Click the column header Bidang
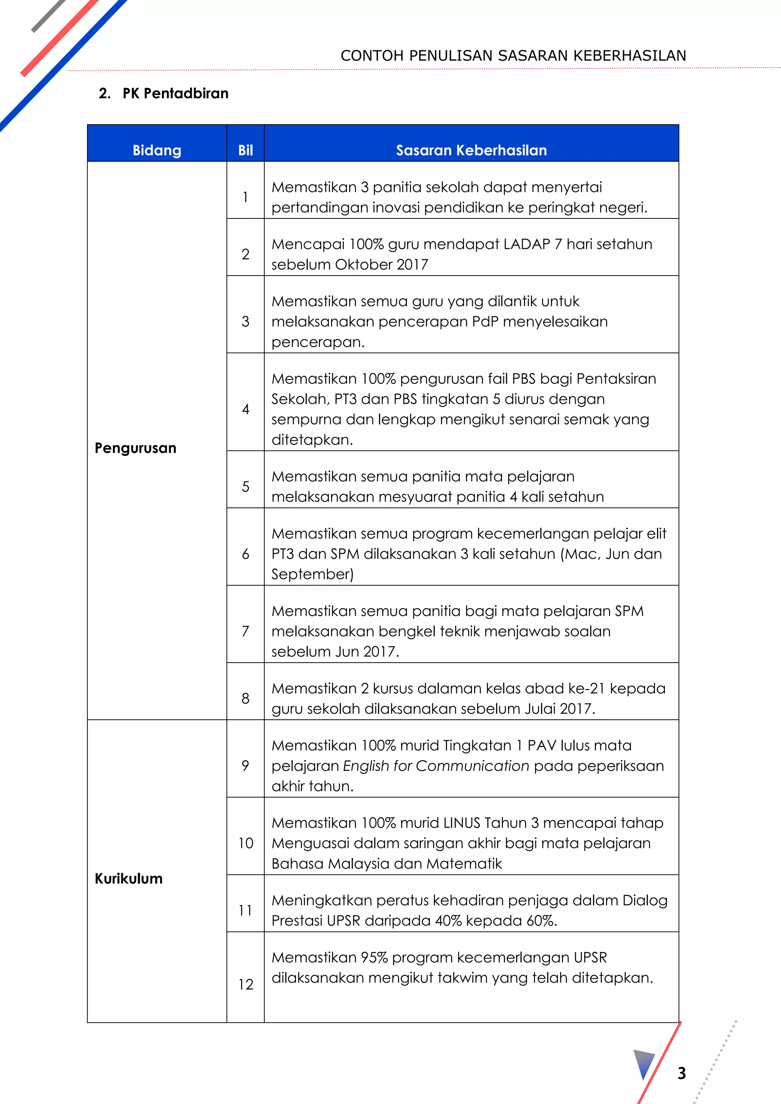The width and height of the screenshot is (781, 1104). coord(157,151)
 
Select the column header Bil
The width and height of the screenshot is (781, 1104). coord(245,151)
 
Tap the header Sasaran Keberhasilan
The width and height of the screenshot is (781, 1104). coord(471,151)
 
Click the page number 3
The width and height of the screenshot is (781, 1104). coord(681,1073)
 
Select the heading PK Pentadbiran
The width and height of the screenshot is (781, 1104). coord(175,93)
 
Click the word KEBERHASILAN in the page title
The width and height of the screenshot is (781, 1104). coord(630,56)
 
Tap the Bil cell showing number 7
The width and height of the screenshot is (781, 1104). coord(245,631)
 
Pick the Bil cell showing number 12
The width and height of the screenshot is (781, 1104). coord(245,984)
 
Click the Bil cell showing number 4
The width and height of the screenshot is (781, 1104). coord(245,409)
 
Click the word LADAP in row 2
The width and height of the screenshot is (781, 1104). coord(527,244)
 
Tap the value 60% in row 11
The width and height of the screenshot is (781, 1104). coord(542,920)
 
